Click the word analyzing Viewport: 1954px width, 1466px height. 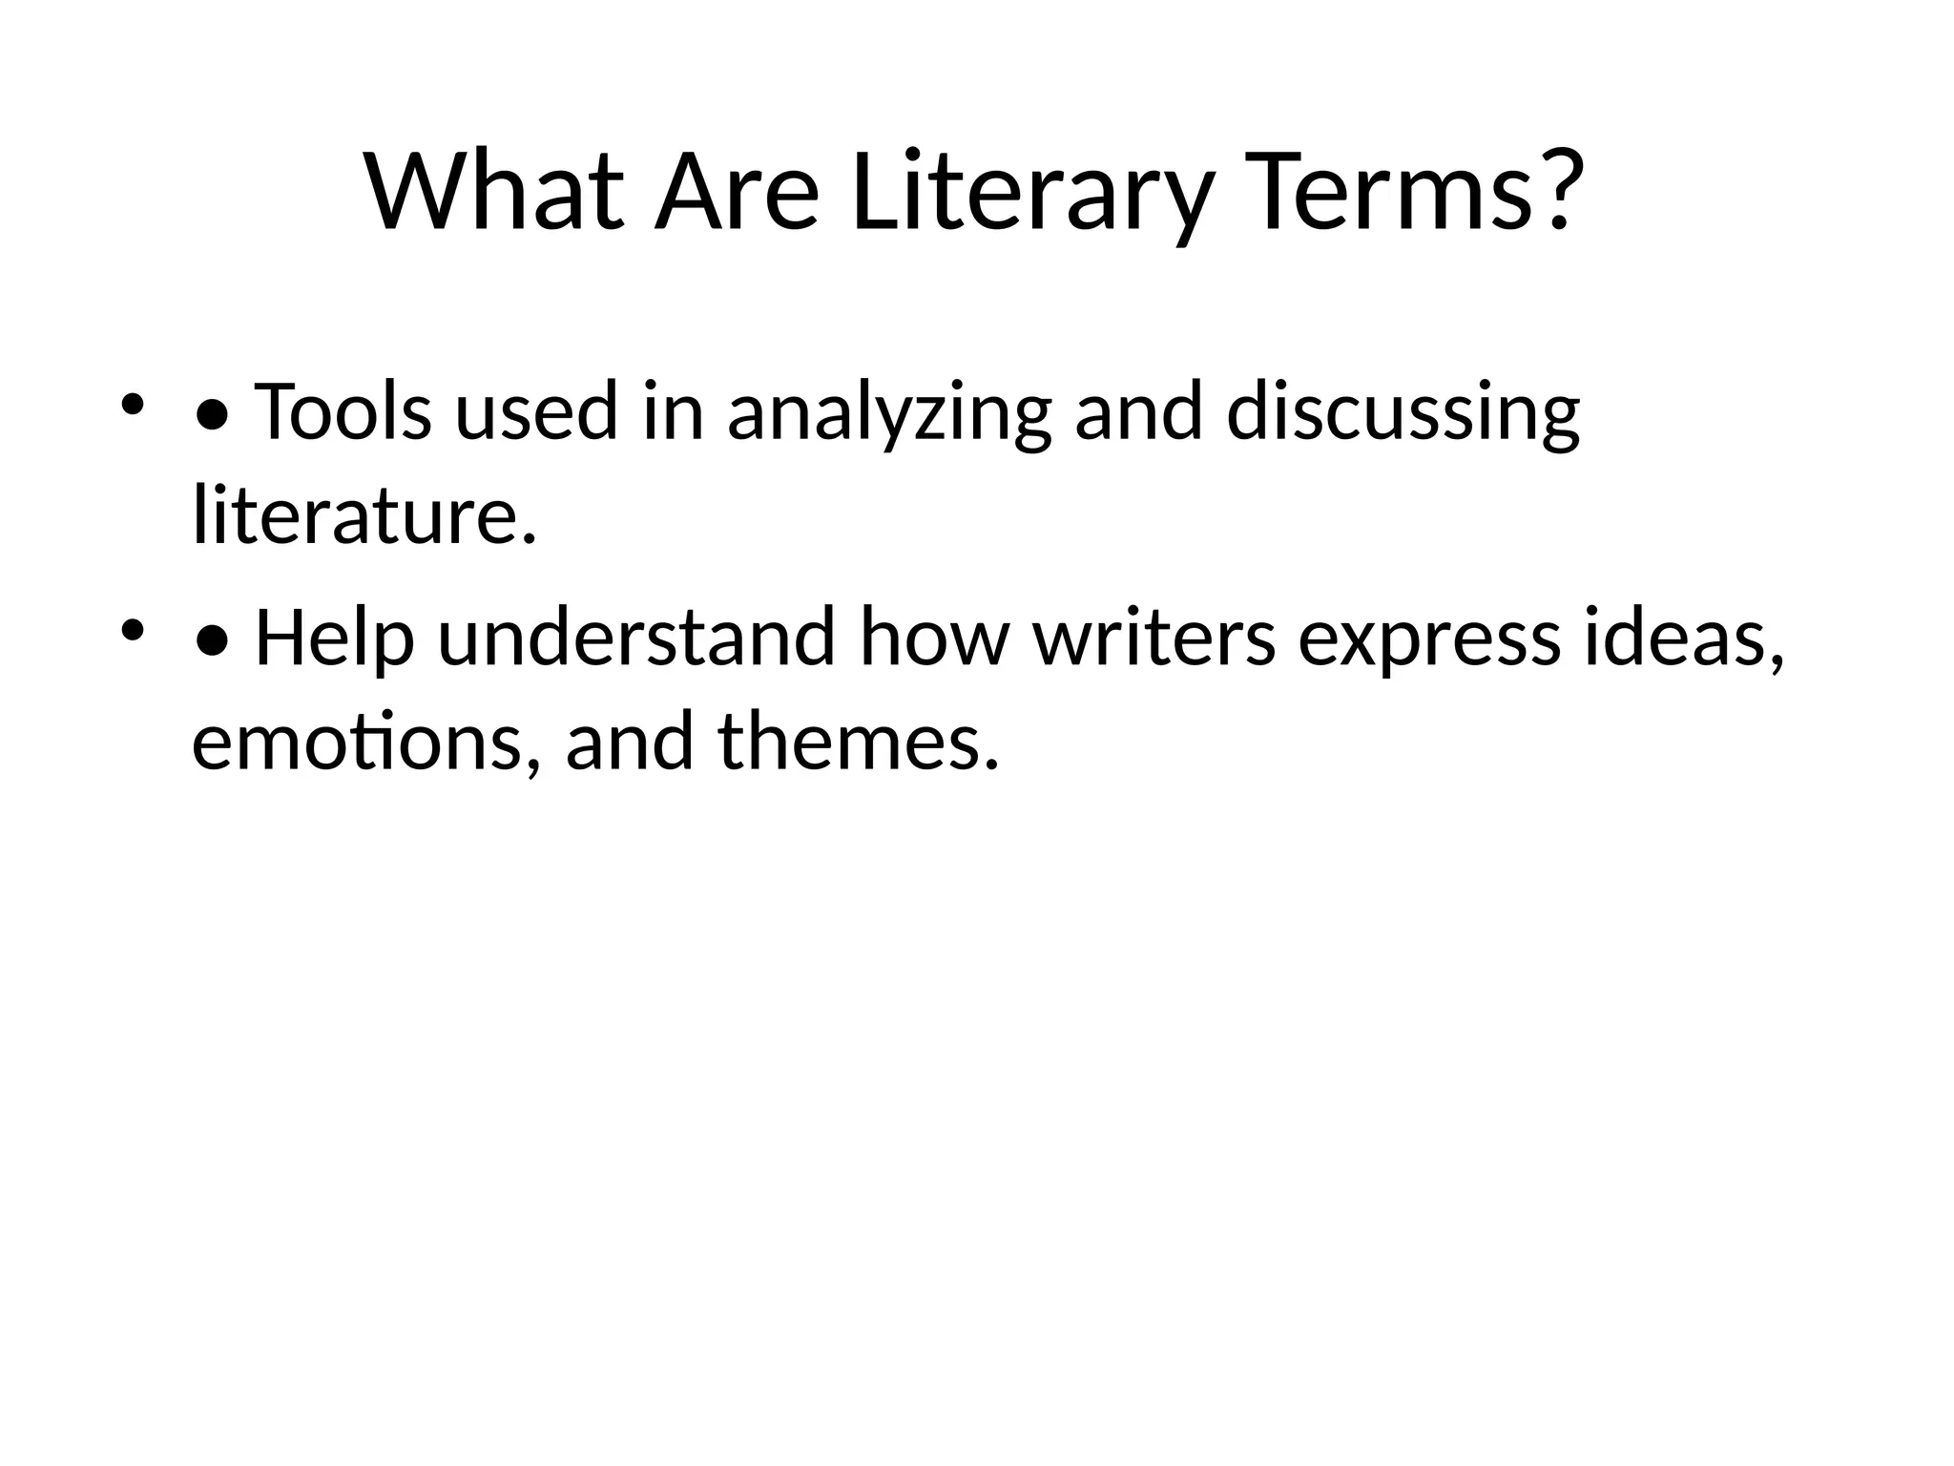pos(889,411)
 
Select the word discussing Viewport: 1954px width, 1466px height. pos(1403,411)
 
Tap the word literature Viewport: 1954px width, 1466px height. pos(364,515)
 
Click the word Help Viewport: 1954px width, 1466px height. pos(334,638)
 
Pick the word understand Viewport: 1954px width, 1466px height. pos(636,638)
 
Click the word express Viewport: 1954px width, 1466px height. pos(1429,638)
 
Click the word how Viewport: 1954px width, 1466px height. pos(934,638)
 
